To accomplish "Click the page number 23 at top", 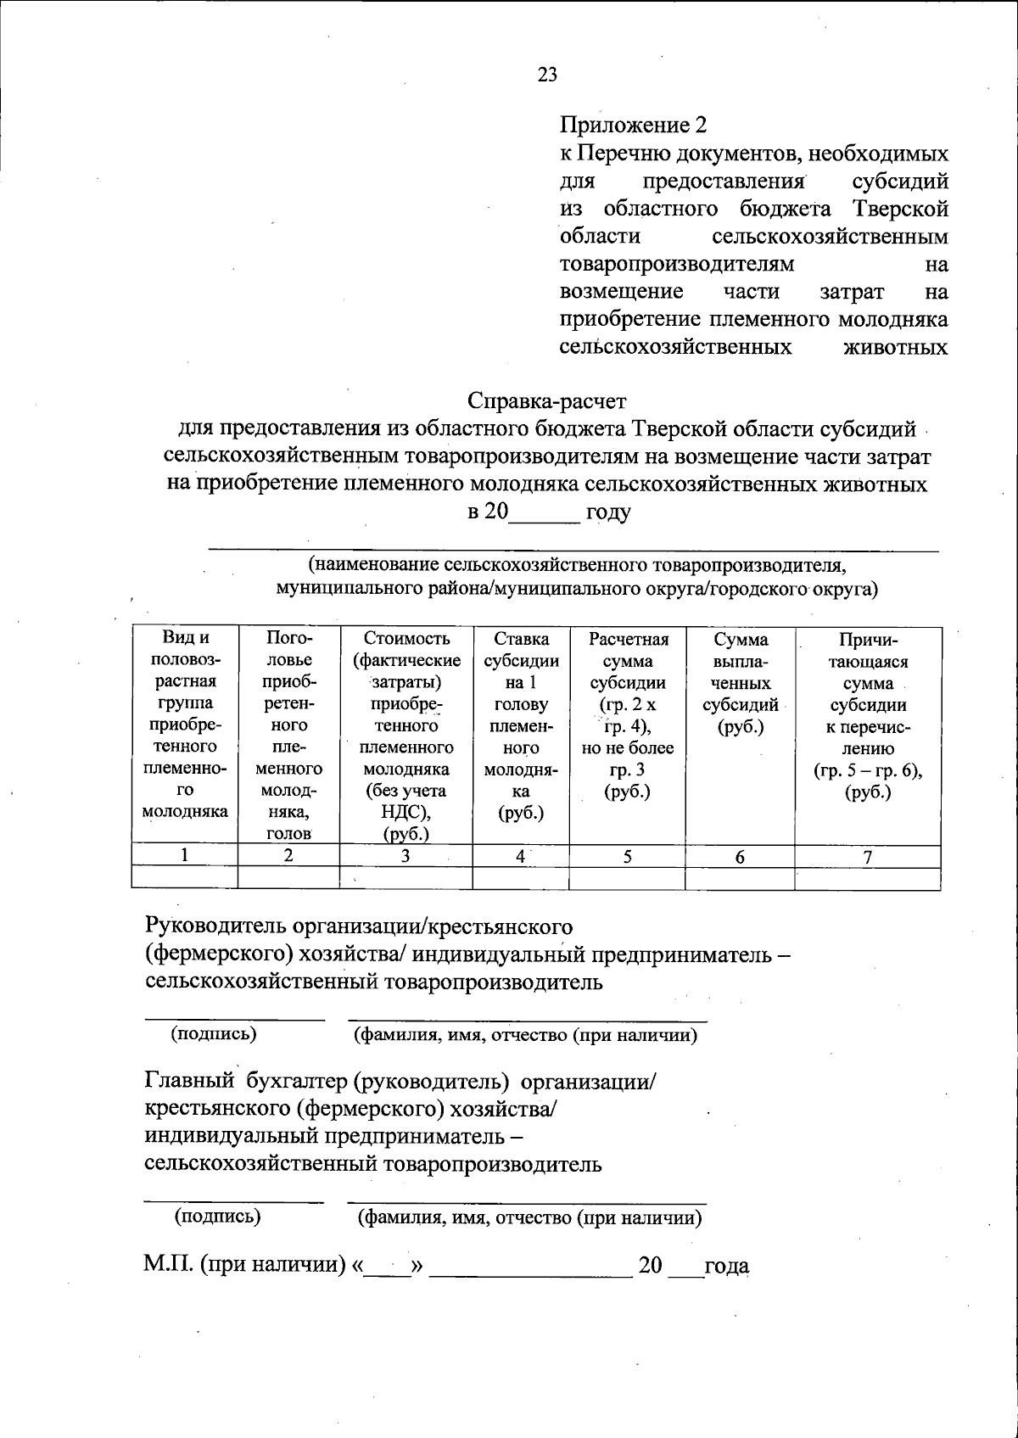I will coord(547,75).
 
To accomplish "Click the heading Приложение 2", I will coord(633,126).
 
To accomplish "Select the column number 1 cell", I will coord(184,855).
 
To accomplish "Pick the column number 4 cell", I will coord(520,855).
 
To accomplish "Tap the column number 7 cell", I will coord(867,857).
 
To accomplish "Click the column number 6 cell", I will coord(739,857).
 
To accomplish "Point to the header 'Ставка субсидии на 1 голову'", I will coord(521,725).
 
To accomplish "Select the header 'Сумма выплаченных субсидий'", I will coord(740,683).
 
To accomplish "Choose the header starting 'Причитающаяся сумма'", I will coord(867,716).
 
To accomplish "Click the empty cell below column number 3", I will coord(406,878).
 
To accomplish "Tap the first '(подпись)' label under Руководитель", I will coord(214,1033).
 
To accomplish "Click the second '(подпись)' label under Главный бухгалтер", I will coord(217,1216).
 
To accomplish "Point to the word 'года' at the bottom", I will coord(727,1266).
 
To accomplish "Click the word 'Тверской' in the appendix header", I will coord(903,209).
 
